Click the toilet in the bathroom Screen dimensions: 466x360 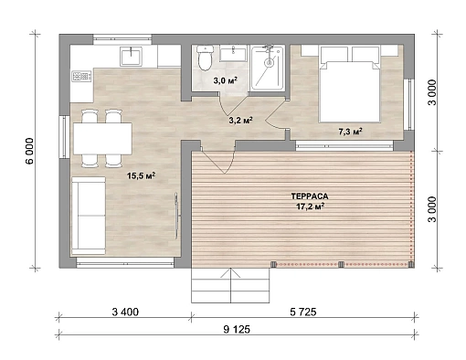[205, 58]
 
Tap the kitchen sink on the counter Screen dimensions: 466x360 [131, 57]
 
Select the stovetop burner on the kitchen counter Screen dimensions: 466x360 [81, 76]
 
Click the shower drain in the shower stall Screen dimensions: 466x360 [269, 63]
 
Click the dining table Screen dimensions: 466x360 [102, 139]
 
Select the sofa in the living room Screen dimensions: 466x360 [89, 216]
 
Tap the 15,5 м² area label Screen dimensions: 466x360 [142, 175]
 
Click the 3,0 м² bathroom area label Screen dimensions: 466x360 [225, 81]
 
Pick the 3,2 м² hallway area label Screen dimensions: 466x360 [240, 121]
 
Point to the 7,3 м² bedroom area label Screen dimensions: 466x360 [350, 132]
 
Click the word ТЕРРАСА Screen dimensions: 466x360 [310, 196]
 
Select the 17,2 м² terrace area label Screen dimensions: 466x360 [310, 206]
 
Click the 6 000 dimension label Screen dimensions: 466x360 [30, 151]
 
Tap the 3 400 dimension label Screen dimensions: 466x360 [125, 312]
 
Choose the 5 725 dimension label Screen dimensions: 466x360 [303, 312]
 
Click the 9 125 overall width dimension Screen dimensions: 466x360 [237, 329]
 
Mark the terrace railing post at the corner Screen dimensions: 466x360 [411, 264]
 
